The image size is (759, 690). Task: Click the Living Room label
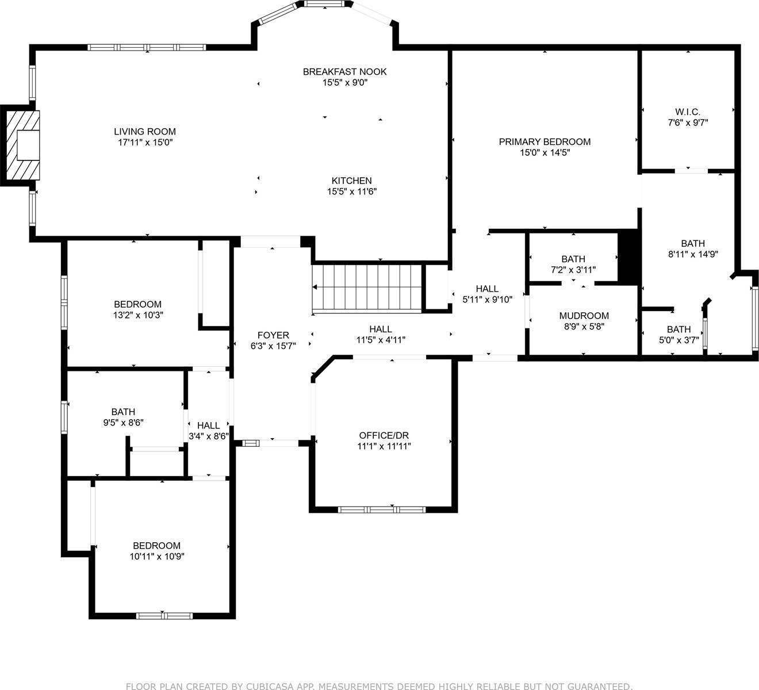pyautogui.click(x=144, y=132)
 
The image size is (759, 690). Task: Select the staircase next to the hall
pyautogui.click(x=367, y=289)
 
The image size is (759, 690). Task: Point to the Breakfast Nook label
pyautogui.click(x=344, y=72)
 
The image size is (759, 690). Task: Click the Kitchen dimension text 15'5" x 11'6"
pyautogui.click(x=351, y=191)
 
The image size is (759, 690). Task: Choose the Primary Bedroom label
pyautogui.click(x=544, y=142)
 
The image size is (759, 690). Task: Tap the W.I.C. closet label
pyautogui.click(x=687, y=112)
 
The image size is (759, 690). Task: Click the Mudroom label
pyautogui.click(x=584, y=316)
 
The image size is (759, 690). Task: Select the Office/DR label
pyautogui.click(x=384, y=435)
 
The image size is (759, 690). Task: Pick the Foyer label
pyautogui.click(x=273, y=335)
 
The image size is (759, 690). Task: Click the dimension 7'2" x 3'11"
pyautogui.click(x=573, y=269)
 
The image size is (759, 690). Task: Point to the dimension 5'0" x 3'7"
pyautogui.click(x=678, y=339)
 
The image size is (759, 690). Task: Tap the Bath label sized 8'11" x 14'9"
pyautogui.click(x=692, y=243)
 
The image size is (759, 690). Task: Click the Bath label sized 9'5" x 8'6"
pyautogui.click(x=123, y=412)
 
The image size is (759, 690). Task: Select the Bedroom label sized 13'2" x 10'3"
pyautogui.click(x=137, y=304)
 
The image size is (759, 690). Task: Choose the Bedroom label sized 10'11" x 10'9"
pyautogui.click(x=156, y=546)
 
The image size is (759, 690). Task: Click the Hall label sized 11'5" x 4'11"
pyautogui.click(x=380, y=329)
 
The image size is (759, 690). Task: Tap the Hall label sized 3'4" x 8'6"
pyautogui.click(x=208, y=425)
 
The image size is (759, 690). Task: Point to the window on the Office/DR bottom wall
pyautogui.click(x=381, y=509)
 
